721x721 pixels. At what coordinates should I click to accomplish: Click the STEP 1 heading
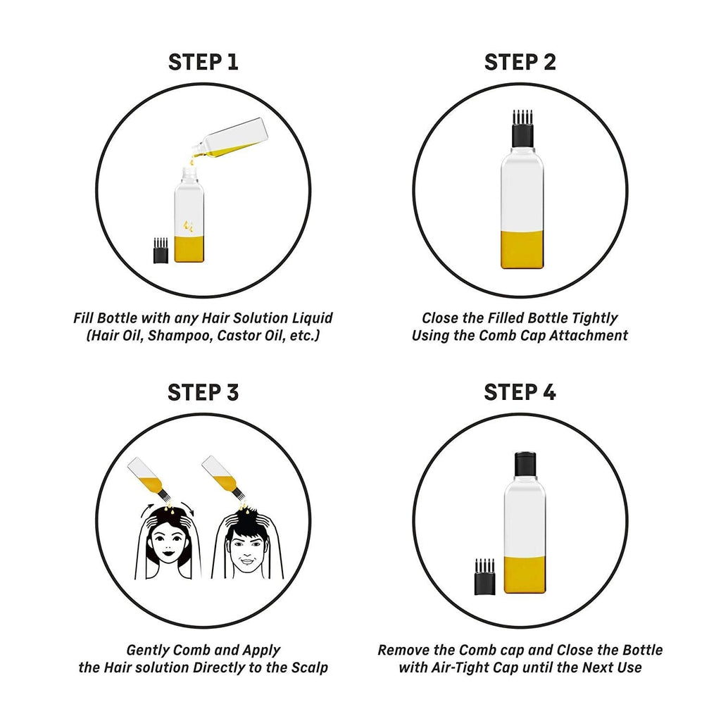click(203, 62)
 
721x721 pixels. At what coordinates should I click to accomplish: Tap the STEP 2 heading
click(520, 62)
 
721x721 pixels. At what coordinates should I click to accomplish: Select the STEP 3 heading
click(203, 392)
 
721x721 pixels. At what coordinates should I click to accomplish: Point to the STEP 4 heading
click(520, 392)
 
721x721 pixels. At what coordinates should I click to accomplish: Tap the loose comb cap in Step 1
click(161, 251)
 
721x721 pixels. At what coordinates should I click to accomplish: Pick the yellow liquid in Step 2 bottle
click(522, 250)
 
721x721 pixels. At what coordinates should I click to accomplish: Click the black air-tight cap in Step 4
click(525, 463)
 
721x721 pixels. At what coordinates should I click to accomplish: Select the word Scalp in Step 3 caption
click(310, 667)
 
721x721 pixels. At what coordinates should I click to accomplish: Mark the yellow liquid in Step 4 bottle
click(525, 575)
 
